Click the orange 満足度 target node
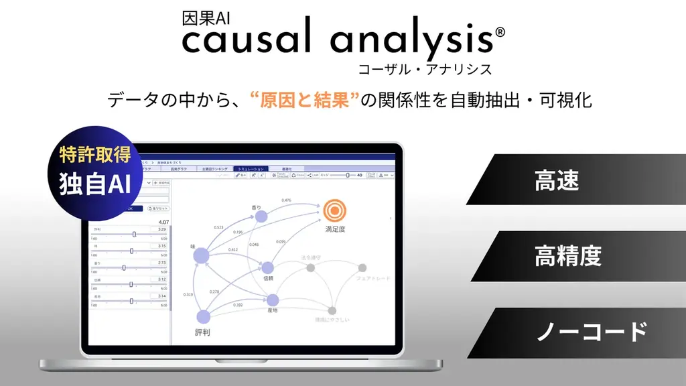pyautogui.click(x=333, y=210)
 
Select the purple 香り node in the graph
pyautogui.click(x=261, y=216)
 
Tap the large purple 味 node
pyautogui.click(x=202, y=255)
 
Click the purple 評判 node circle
pyautogui.click(x=203, y=317)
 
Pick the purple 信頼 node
pyautogui.click(x=267, y=267)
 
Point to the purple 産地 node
pyautogui.click(x=272, y=301)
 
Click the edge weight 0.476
pyautogui.click(x=286, y=200)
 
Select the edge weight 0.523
pyautogui.click(x=218, y=227)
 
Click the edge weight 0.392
pyautogui.click(x=238, y=305)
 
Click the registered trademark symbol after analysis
pyautogui.click(x=500, y=32)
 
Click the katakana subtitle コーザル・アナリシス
pyautogui.click(x=425, y=68)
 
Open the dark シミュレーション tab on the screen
pyautogui.click(x=251, y=169)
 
